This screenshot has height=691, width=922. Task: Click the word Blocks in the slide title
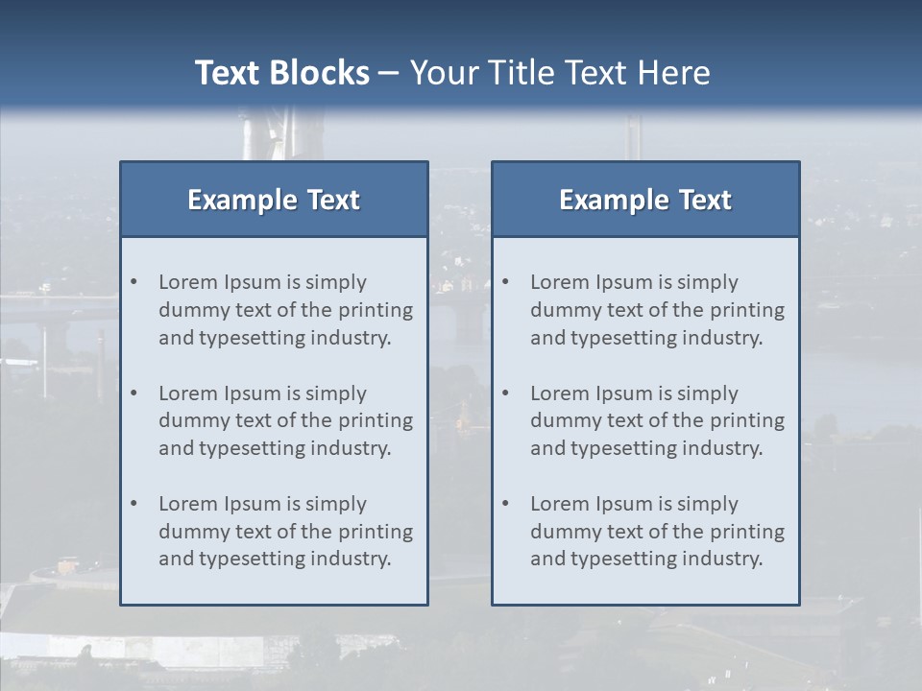(318, 73)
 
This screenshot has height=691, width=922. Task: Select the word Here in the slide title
(676, 73)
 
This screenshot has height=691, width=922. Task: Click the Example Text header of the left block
(274, 200)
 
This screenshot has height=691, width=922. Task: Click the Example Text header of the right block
(645, 200)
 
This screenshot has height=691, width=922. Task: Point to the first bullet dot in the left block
(134, 282)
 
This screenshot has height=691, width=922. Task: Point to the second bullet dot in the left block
(134, 393)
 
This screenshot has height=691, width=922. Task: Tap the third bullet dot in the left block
(134, 504)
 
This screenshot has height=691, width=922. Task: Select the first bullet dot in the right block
(506, 282)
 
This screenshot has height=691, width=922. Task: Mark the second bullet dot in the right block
(506, 393)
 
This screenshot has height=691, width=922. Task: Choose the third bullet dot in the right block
(506, 504)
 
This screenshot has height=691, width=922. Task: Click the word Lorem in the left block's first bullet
(188, 282)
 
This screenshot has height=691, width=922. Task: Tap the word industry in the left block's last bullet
(350, 559)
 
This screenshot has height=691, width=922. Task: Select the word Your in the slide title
(445, 73)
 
